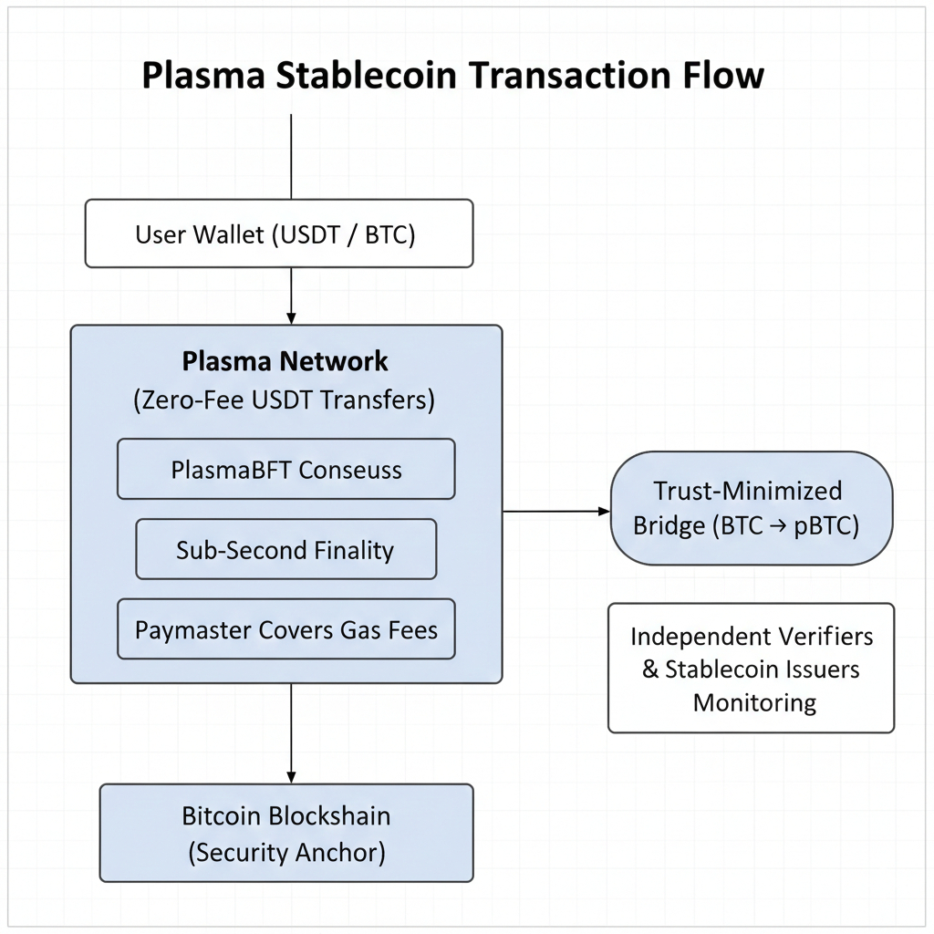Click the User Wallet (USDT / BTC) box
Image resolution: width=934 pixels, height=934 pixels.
pos(279,234)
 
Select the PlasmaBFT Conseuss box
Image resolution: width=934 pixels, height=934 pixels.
pos(285,469)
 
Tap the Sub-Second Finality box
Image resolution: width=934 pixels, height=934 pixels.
pos(285,550)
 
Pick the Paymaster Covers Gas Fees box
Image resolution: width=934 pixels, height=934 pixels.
pos(285,629)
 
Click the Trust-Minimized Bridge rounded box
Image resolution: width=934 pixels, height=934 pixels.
pos(750,509)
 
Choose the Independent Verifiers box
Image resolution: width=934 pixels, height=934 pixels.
pos(751,668)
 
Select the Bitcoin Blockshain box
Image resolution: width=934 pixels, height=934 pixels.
pos(286,833)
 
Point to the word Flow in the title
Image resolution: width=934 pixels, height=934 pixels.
pos(718,76)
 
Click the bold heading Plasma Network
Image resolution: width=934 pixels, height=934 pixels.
pos(285,361)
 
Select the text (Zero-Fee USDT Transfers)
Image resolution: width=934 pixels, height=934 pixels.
pos(285,400)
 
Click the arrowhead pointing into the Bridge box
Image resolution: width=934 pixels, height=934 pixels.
pos(603,512)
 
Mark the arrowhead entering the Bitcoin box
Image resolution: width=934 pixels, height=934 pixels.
pos(291,776)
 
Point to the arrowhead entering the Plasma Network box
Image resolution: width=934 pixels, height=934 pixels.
pos(291,317)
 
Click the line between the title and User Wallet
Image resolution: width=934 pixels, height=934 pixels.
pos(291,155)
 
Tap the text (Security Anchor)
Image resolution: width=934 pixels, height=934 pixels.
pos(286,853)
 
